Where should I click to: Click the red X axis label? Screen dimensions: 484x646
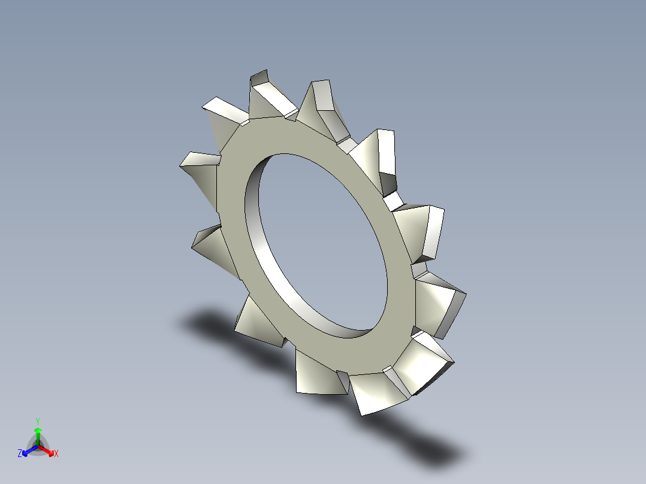tap(56, 454)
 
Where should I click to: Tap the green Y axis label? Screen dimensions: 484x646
tap(38, 421)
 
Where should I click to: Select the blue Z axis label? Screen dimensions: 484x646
tap(20, 454)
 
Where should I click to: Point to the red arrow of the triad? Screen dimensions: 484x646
tap(48, 450)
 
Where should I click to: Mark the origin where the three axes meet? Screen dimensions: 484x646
tap(38, 445)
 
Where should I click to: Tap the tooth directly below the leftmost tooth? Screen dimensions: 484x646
tap(210, 246)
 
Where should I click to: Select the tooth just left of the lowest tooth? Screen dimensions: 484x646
tap(318, 374)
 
